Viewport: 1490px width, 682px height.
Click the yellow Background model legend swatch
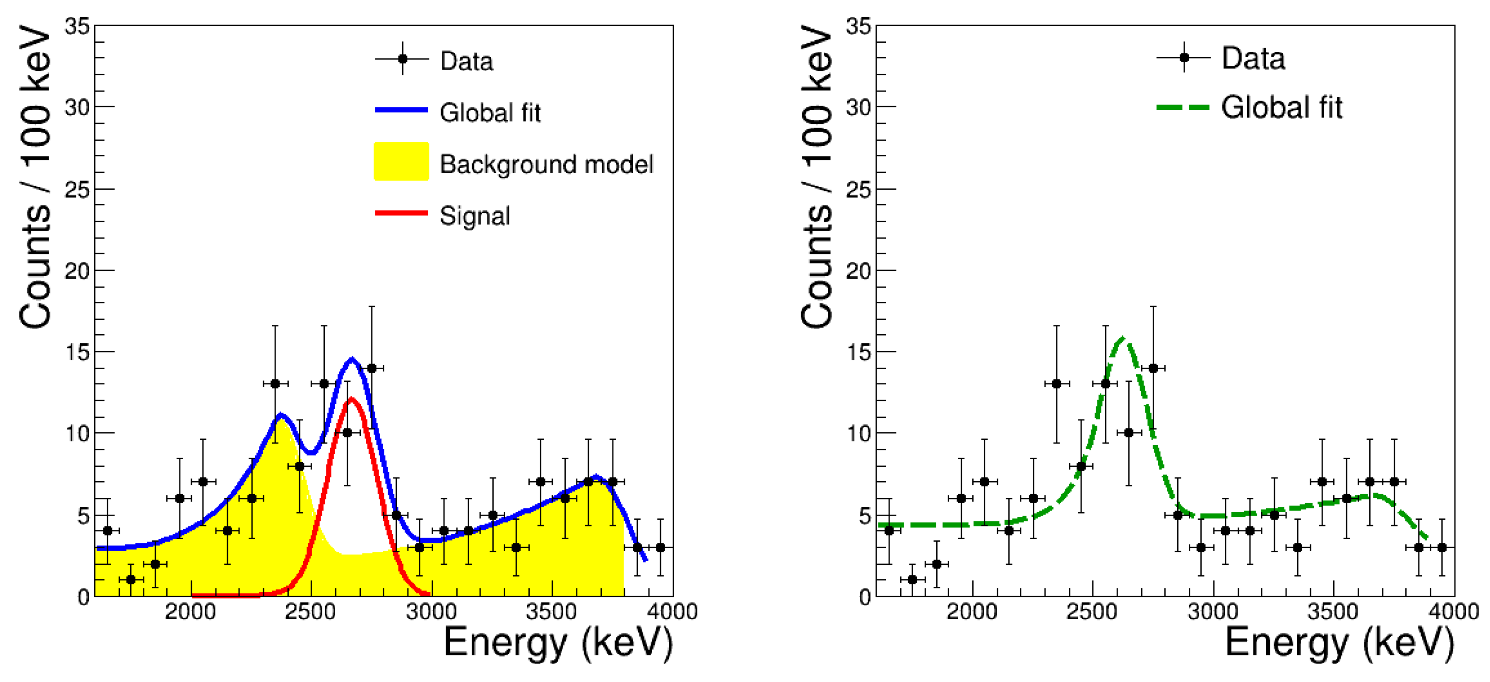coord(401,162)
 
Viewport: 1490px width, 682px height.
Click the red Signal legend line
coord(401,213)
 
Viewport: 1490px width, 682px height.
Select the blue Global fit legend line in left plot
coord(401,110)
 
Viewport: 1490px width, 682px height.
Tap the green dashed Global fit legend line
coord(1182,108)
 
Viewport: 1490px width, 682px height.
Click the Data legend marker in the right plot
coord(1184,58)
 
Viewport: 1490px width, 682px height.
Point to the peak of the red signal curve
coord(351,399)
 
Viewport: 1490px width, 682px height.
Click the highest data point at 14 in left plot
coord(371,368)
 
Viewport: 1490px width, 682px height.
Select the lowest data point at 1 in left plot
coord(131,579)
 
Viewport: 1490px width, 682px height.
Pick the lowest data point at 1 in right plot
coord(912,579)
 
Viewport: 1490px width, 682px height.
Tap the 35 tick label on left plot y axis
coord(76,26)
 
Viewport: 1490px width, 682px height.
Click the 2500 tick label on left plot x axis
coord(311,611)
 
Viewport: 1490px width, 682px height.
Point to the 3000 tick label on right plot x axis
coord(1213,611)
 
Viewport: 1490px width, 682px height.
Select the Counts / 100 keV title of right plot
coord(817,176)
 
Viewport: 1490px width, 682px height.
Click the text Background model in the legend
coord(546,164)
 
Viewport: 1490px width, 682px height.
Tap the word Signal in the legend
coord(475,216)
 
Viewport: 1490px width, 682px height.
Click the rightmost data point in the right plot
coord(1442,547)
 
